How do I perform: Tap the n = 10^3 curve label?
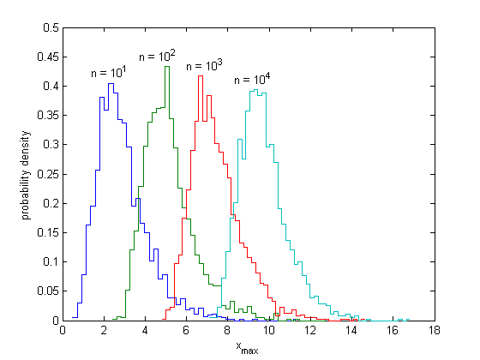tap(205, 65)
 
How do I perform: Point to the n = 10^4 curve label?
tap(252, 80)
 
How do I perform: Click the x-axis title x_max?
tap(247, 347)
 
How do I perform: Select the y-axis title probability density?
tap(27, 174)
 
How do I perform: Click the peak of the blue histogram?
tap(111, 83)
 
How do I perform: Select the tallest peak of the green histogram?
tap(166, 66)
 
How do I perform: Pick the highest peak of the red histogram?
tap(200, 75)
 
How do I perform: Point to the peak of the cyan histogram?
tap(255, 89)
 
